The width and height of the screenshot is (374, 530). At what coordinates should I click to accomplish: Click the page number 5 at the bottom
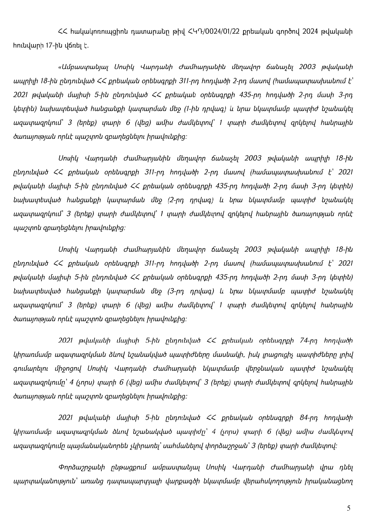pyautogui.click(x=349, y=509)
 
